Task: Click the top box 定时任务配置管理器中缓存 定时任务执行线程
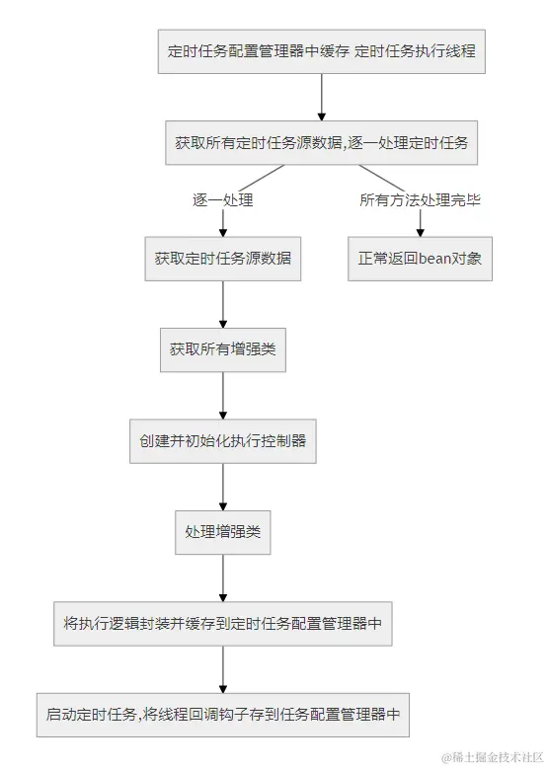[322, 51]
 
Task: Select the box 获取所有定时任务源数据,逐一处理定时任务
[322, 142]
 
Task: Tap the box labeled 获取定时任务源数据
[222, 259]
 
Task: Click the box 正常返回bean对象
[420, 259]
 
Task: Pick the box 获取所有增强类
[222, 349]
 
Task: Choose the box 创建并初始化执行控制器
[222, 441]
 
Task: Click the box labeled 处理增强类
[222, 532]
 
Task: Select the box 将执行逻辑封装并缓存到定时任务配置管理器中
[222, 623]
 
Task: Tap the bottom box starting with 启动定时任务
[222, 714]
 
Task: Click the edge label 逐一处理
[222, 200]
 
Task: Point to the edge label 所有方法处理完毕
[420, 200]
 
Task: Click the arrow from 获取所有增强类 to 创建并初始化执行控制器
[222, 396]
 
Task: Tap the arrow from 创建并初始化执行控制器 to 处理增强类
[222, 487]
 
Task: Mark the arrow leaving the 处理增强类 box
[222, 577]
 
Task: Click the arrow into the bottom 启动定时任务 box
[222, 668]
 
